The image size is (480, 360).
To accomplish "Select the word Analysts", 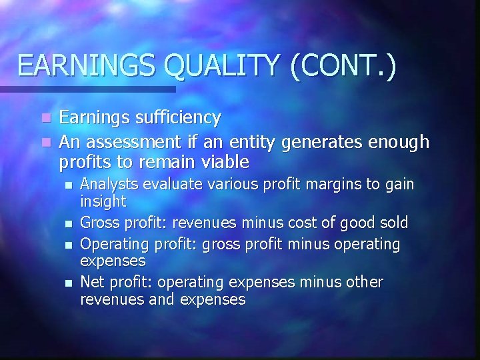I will click(x=105, y=184).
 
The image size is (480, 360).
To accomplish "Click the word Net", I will click(x=91, y=283).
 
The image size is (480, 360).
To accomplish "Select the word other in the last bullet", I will click(x=364, y=283).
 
